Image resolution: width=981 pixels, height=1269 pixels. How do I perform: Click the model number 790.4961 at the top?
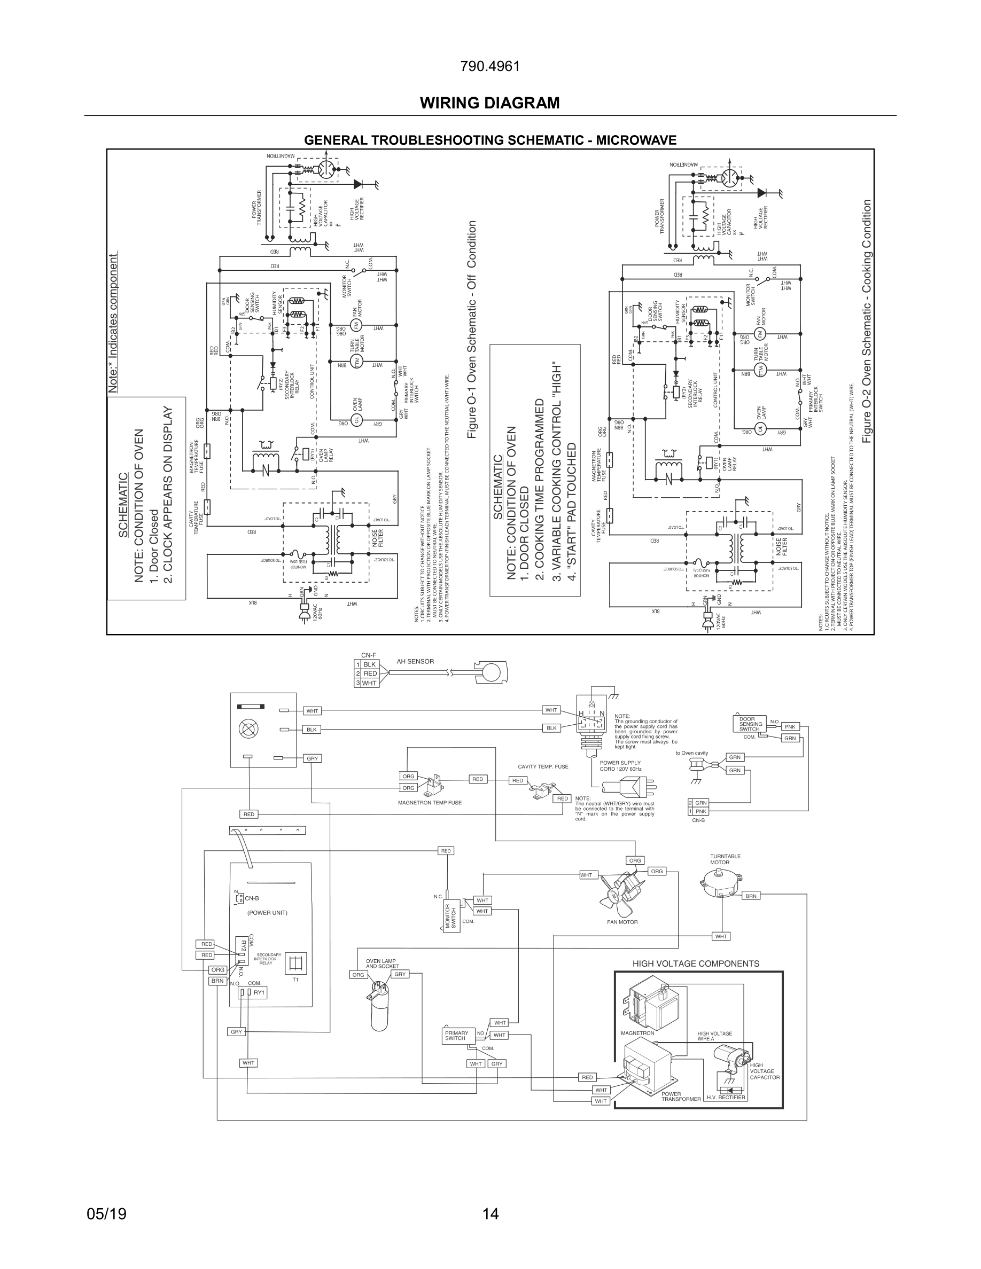[490, 67]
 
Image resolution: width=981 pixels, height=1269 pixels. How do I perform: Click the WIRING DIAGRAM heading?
[490, 103]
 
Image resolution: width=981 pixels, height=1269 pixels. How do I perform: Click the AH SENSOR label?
[415, 661]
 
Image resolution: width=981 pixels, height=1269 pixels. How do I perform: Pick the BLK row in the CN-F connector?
[370, 664]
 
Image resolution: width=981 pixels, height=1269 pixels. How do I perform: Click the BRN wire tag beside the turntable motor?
[751, 896]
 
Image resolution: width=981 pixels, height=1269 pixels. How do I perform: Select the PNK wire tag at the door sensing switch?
[790, 726]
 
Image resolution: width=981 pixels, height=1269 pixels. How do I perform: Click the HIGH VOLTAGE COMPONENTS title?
[696, 963]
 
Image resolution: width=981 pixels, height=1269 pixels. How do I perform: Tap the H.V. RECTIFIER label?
[725, 1098]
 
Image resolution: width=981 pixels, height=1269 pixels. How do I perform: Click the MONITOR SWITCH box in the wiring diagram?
[451, 916]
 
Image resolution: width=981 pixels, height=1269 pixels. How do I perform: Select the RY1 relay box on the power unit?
[253, 992]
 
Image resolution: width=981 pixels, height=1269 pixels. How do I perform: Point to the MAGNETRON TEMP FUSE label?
[430, 802]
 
